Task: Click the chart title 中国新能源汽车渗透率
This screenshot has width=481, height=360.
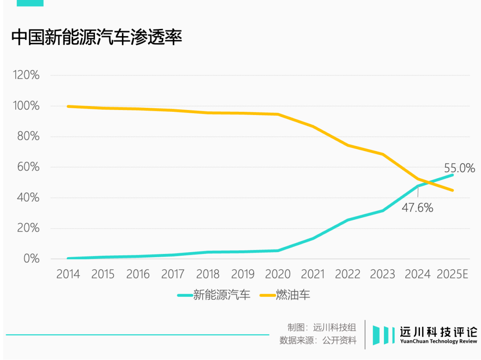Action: point(97,37)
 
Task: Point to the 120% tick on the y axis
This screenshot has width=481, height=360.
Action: point(26,75)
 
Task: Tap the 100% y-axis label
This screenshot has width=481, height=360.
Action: point(26,106)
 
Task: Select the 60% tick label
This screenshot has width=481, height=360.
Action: point(28,167)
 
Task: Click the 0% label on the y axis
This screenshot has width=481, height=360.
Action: point(31,259)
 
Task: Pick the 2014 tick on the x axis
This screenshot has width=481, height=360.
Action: point(68,274)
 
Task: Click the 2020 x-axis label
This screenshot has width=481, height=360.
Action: point(278,274)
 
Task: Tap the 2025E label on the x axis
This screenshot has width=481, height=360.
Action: point(452,274)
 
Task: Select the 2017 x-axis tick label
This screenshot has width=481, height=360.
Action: point(173,274)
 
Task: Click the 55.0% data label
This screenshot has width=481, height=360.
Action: point(460,168)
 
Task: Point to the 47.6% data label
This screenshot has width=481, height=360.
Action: point(417,208)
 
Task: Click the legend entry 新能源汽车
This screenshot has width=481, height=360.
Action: point(214,295)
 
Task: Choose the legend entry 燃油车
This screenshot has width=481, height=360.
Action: point(285,295)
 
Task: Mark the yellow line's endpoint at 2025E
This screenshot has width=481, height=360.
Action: point(452,190)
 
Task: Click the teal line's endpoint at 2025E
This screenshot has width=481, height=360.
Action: point(452,175)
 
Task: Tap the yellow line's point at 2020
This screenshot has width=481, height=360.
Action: point(278,114)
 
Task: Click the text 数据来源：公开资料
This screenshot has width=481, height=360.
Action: point(318,340)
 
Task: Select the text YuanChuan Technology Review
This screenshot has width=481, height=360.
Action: point(439,341)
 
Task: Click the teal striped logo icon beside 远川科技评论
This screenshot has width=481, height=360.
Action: point(383,335)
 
